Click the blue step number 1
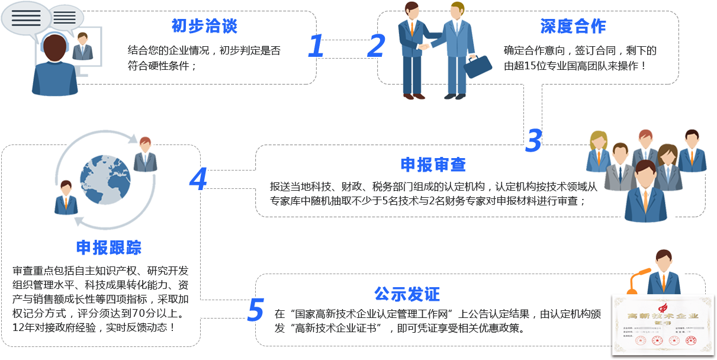tap(315, 46)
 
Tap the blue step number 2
tap(376, 46)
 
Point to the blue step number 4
tap(198, 178)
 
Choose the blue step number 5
tap(255, 309)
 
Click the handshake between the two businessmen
tap(425, 46)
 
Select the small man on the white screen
tap(82, 47)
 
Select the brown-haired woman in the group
tap(667, 166)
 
